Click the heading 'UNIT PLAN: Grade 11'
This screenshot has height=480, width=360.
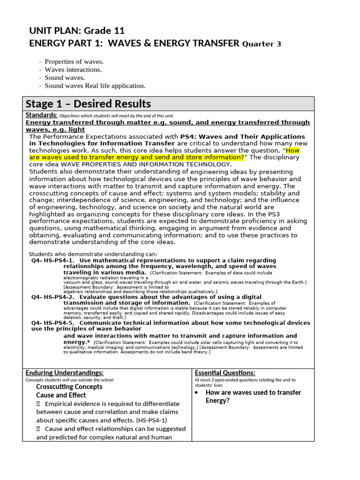tap(77, 31)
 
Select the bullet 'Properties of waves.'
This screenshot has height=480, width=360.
tap(74, 61)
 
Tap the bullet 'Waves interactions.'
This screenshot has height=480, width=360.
tap(73, 69)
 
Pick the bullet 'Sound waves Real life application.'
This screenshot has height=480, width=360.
tap(95, 85)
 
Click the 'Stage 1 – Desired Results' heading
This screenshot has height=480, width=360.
tap(88, 104)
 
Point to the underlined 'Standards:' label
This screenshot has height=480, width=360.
tap(41, 115)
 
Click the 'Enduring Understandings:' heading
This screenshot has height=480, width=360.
tap(64, 373)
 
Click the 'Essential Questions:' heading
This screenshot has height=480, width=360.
tap(225, 373)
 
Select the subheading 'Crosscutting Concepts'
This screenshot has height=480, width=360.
tap(69, 387)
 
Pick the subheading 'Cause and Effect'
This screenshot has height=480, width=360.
tap(61, 395)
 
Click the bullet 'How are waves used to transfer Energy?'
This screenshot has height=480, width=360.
tap(253, 396)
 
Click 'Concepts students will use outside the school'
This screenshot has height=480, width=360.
tap(69, 380)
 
